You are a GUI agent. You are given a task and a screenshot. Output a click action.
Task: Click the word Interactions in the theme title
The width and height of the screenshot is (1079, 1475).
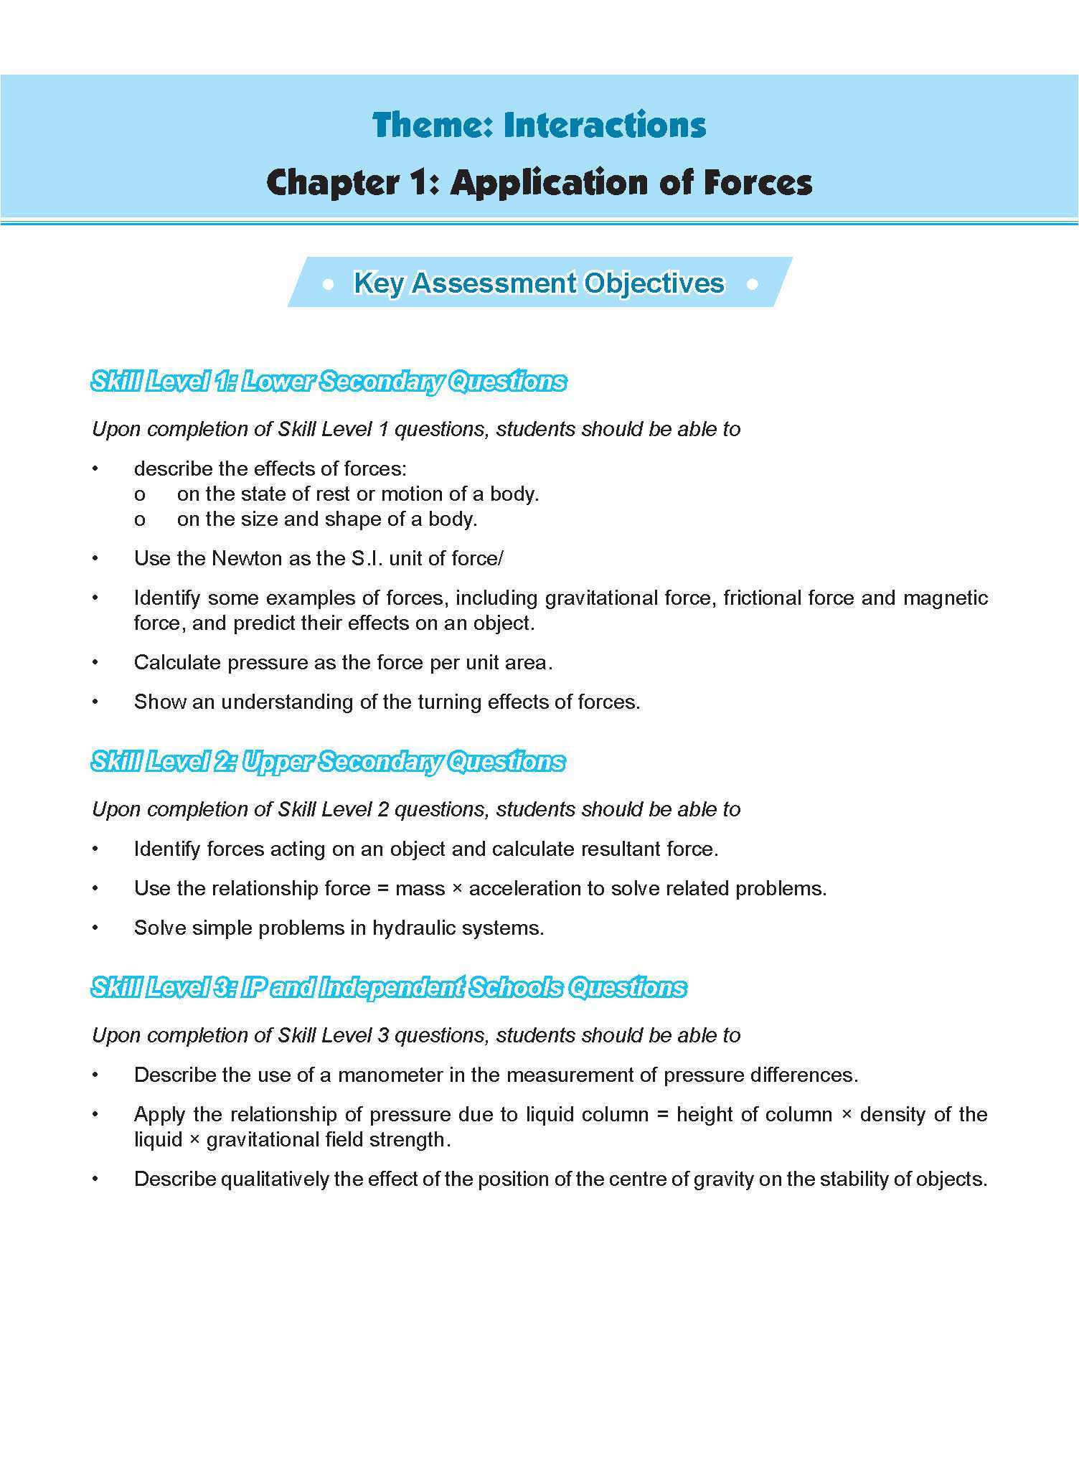click(604, 126)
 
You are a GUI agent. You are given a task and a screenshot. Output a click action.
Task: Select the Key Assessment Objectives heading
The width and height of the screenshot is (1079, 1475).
click(539, 283)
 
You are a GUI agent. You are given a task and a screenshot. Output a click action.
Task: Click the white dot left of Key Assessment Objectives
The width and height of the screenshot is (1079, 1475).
click(329, 285)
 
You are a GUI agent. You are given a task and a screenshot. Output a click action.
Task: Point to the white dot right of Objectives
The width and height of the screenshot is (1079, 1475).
click(752, 285)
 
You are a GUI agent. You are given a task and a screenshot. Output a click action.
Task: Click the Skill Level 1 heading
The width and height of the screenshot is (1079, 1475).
click(329, 381)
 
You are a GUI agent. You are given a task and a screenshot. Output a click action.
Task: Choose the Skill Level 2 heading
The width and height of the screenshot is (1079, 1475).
click(328, 761)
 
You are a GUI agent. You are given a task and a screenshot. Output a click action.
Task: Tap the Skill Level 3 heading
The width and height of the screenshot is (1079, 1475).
click(388, 987)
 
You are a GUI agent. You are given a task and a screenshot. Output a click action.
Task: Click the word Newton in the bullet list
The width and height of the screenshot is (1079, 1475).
click(247, 558)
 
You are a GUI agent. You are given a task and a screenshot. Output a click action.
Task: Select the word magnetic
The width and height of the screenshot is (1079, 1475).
click(945, 598)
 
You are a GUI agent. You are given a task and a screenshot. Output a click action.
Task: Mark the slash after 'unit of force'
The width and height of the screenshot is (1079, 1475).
click(500, 558)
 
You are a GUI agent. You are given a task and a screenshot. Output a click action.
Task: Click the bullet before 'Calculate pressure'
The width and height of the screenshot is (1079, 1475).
click(95, 662)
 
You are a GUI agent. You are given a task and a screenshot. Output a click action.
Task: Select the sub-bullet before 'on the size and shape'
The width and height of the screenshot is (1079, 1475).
click(139, 519)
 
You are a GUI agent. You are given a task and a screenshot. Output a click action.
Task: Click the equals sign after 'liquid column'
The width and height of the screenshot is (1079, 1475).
click(661, 1115)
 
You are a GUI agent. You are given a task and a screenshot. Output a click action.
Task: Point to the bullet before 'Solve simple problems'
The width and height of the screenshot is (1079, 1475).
click(95, 928)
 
